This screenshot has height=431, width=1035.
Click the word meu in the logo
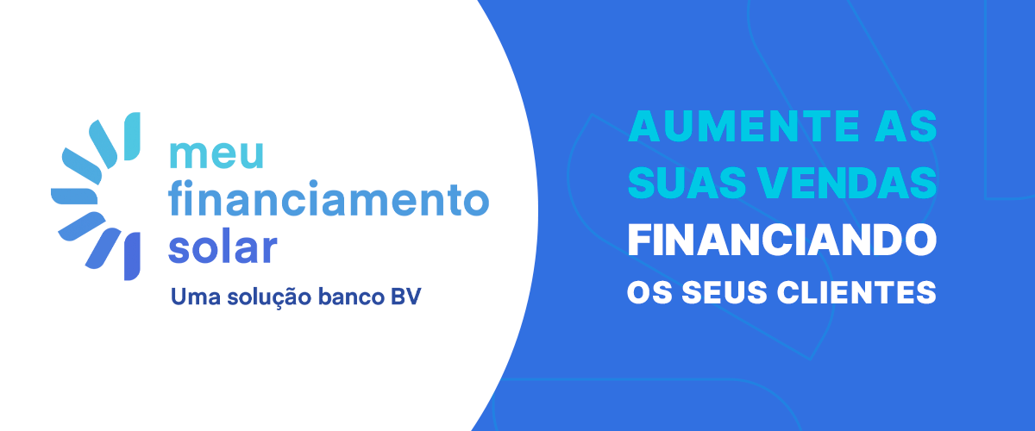tap(216, 155)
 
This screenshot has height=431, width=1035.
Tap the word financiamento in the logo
tap(329, 198)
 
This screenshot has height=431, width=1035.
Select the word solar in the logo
tap(223, 248)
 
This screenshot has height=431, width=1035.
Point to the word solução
tap(269, 297)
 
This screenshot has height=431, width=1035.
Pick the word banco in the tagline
tap(352, 297)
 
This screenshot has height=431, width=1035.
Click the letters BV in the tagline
tap(406, 297)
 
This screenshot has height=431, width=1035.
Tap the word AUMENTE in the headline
tap(743, 126)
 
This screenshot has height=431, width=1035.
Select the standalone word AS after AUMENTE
tap(906, 126)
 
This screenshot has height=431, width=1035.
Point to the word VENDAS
tap(850, 183)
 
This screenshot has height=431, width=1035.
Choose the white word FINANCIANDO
tap(781, 240)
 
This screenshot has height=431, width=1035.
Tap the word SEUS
tap(724, 292)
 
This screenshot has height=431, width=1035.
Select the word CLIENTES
tap(856, 292)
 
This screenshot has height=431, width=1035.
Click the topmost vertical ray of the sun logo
tap(132, 136)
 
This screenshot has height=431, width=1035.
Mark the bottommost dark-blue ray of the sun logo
tap(132, 256)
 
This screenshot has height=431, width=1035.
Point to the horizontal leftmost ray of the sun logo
tap(74, 197)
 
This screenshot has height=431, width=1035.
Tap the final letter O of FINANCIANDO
tap(919, 240)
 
